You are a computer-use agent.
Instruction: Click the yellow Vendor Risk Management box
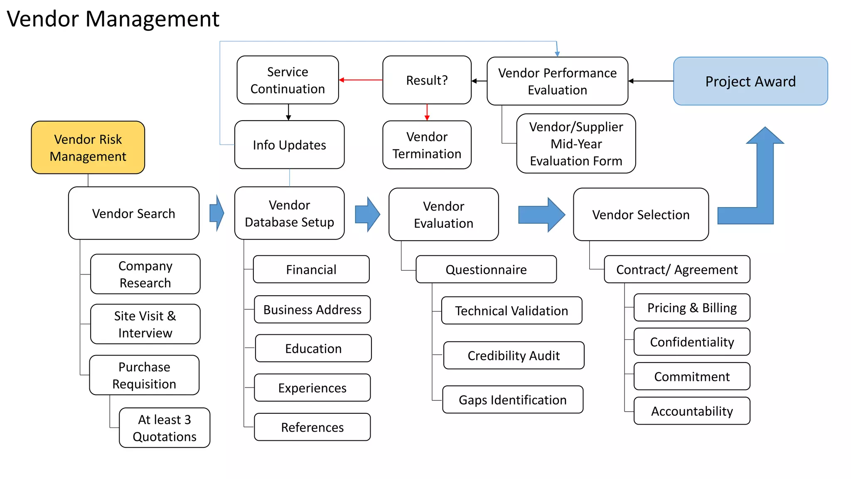pyautogui.click(x=88, y=148)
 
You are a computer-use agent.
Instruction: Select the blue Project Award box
pyautogui.click(x=750, y=81)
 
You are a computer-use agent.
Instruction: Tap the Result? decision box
pyautogui.click(x=427, y=80)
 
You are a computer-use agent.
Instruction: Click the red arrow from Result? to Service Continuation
pyautogui.click(x=361, y=80)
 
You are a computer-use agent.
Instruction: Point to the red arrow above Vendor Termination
pyautogui.click(x=427, y=112)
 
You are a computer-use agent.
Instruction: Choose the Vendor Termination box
pyautogui.click(x=427, y=145)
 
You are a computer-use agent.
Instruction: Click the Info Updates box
pyautogui.click(x=289, y=145)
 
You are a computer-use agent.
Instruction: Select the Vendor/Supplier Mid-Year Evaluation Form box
pyautogui.click(x=576, y=143)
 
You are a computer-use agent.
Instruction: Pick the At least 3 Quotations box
pyautogui.click(x=165, y=428)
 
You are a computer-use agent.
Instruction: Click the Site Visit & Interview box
pyautogui.click(x=145, y=324)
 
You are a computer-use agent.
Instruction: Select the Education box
pyautogui.click(x=313, y=348)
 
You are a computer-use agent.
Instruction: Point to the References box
pyautogui.click(x=312, y=427)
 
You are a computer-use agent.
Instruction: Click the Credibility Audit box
pyautogui.click(x=514, y=356)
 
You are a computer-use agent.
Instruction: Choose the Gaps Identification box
pyautogui.click(x=512, y=400)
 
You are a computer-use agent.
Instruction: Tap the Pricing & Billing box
pyautogui.click(x=692, y=308)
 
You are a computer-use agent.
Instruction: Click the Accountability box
pyautogui.click(x=692, y=411)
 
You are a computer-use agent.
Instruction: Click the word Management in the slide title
pyautogui.click(x=152, y=19)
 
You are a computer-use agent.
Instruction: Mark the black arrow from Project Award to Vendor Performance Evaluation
pyautogui.click(x=651, y=81)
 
